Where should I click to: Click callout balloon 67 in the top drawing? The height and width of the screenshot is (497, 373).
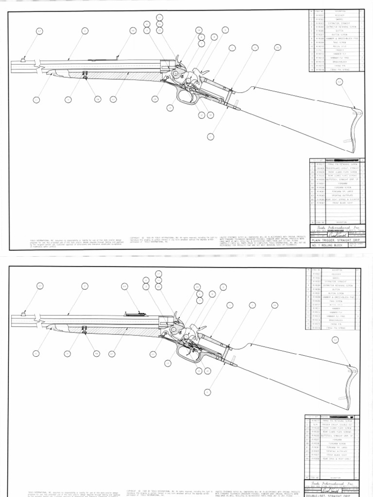click(x=39, y=31)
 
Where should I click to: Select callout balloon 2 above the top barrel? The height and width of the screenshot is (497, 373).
click(x=85, y=31)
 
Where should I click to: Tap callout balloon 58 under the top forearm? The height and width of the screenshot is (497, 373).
click(x=97, y=99)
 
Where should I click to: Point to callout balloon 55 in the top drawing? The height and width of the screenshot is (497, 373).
click(x=277, y=47)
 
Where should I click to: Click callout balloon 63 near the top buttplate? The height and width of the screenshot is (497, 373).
click(x=339, y=82)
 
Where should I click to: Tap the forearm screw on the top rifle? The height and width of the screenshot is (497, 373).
click(x=85, y=75)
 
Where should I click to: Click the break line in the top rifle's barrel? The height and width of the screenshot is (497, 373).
click(x=36, y=64)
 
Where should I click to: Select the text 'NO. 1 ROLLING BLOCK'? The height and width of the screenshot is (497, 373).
click(x=330, y=246)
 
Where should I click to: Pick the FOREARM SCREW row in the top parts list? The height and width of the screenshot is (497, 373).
click(x=335, y=187)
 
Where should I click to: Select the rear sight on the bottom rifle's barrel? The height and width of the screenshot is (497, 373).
click(x=132, y=313)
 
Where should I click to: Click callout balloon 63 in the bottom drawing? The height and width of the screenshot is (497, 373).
click(x=335, y=340)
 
